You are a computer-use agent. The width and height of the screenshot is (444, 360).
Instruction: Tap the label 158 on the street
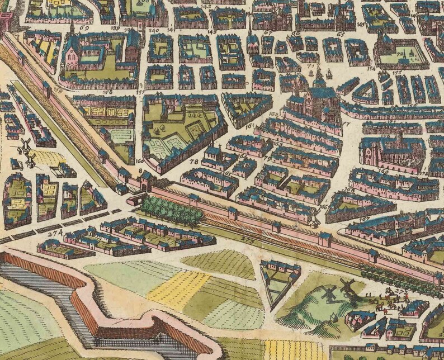point(107,91)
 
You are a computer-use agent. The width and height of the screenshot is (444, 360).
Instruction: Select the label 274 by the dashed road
point(54,233)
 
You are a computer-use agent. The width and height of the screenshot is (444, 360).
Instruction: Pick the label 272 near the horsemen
point(401,291)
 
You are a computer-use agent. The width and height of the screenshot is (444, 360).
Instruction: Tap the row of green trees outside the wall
point(170,211)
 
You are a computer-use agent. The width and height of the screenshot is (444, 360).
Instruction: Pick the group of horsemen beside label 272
point(389,302)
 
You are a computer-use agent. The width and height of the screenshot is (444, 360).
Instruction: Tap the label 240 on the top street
point(154,30)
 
